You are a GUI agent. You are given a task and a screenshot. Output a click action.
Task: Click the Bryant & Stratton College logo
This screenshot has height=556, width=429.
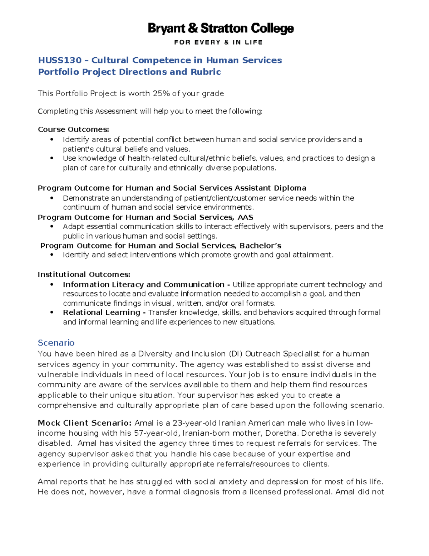pos(221,29)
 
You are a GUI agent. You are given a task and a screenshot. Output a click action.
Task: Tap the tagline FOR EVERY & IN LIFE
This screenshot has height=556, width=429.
pos(218,42)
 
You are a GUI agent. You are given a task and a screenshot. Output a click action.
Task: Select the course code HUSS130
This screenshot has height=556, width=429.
pos(60,60)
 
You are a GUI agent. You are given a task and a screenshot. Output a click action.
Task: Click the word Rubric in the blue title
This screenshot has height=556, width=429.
pos(206,72)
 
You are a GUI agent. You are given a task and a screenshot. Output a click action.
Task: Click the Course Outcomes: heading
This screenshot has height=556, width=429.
pos(73,129)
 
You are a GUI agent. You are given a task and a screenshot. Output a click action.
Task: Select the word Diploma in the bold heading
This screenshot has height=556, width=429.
pos(290,188)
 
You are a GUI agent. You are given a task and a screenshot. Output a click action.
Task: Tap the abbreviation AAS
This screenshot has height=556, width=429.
pos(245,217)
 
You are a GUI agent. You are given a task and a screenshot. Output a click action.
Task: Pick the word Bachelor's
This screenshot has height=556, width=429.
pos(260,246)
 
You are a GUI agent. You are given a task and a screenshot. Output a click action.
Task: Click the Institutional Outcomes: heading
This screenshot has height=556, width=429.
pos(84,275)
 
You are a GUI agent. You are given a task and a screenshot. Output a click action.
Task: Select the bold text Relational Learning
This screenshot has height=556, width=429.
pos(102,313)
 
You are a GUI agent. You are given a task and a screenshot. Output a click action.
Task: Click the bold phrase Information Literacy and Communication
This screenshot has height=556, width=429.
pos(144,285)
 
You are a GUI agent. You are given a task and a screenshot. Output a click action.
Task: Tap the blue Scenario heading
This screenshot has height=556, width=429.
pos(56,343)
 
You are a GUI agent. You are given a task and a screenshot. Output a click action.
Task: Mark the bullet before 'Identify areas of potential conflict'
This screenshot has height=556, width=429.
pos(52,140)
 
